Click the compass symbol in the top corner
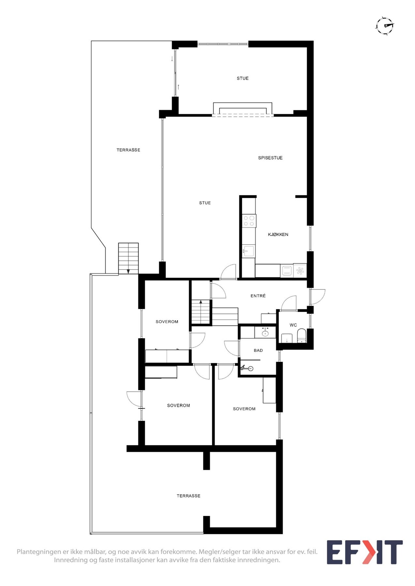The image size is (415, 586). [385, 26]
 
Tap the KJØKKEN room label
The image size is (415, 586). [278, 234]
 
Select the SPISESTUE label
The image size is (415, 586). [270, 158]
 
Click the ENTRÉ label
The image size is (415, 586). [258, 296]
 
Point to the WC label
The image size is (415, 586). [293, 325]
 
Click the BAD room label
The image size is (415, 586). [258, 351]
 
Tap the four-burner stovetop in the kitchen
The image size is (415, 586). [249, 221]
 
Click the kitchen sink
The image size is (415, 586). [249, 251]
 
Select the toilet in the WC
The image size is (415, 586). [302, 336]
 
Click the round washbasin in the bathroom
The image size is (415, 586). [265, 333]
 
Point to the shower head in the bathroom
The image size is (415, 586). [250, 369]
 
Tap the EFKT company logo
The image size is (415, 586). [364, 552]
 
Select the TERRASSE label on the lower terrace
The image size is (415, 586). [188, 496]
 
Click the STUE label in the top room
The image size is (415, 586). [243, 78]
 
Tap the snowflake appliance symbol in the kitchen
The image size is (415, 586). [300, 271]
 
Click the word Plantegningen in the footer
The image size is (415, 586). [39, 551]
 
